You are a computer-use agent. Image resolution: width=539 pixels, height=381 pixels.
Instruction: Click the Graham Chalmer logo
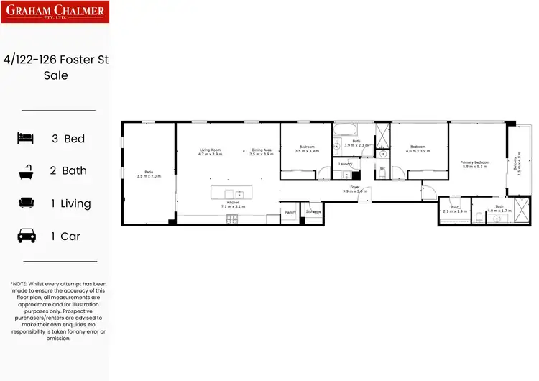pyautogui.click(x=55, y=12)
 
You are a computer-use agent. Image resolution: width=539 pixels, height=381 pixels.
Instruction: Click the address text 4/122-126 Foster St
pyautogui.click(x=55, y=60)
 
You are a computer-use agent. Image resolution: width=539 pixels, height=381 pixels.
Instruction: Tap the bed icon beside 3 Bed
pyautogui.click(x=26, y=138)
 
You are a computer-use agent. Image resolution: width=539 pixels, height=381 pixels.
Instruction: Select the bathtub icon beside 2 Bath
pyautogui.click(x=26, y=171)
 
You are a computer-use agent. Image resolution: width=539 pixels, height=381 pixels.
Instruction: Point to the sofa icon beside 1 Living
pyautogui.click(x=26, y=203)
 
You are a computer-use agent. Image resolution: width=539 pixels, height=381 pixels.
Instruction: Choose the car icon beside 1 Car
pyautogui.click(x=26, y=236)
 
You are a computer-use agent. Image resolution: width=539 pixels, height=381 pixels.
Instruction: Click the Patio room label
pyautogui.click(x=149, y=171)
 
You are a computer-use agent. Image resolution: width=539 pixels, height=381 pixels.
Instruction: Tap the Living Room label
pyautogui.click(x=210, y=150)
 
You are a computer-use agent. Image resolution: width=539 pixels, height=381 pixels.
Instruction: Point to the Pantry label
pyautogui.click(x=290, y=212)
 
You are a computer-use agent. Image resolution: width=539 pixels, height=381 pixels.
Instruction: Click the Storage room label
pyautogui.click(x=313, y=212)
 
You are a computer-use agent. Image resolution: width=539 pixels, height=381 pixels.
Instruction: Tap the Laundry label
pyautogui.click(x=345, y=165)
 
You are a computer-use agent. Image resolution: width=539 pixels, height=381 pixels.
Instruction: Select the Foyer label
pyautogui.click(x=354, y=187)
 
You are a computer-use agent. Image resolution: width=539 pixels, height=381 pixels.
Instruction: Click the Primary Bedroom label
pyautogui.click(x=475, y=162)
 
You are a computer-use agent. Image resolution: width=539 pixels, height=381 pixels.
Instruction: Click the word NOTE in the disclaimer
pyautogui.click(x=22, y=284)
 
